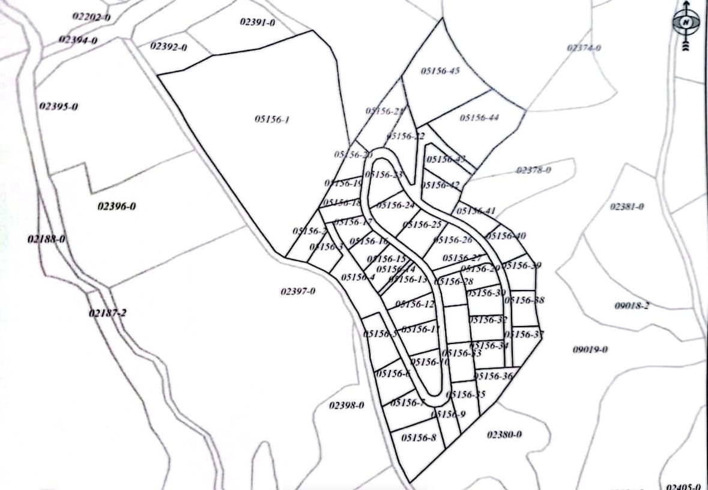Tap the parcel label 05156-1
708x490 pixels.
[x=272, y=119]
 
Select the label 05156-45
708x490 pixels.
[x=440, y=71]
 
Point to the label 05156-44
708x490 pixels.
[x=479, y=117]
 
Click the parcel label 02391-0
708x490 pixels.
[x=257, y=22]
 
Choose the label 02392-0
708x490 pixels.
[x=169, y=46]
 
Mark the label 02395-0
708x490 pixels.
[x=59, y=107]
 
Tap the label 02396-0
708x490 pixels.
[x=116, y=207]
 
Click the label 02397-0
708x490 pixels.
[x=298, y=291]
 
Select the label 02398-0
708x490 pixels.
[x=347, y=405]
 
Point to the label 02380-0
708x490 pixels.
[x=504, y=434]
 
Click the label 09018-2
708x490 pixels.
[x=632, y=306]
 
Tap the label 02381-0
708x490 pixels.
[x=627, y=207]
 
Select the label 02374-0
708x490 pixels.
[x=584, y=47]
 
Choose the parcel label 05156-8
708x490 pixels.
[x=419, y=438]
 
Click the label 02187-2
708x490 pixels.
[x=107, y=313]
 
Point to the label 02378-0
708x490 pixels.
[x=533, y=170]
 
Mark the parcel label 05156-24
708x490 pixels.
[x=396, y=205]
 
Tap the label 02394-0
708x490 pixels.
[x=78, y=40]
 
